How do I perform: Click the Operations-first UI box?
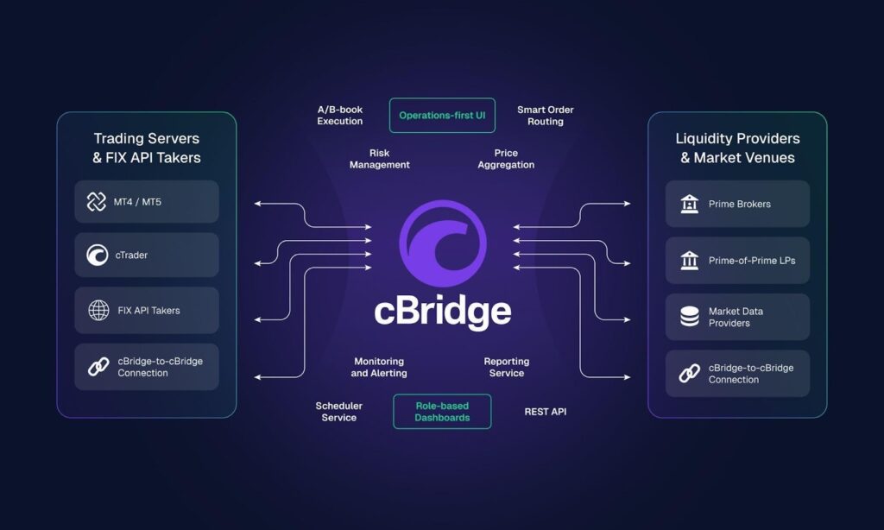coord(442,115)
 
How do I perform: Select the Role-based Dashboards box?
coord(442,412)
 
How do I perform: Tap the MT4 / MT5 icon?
coord(97,202)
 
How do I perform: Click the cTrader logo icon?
coord(97,256)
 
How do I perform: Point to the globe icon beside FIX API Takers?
coord(98,311)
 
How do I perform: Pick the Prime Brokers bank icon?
coord(690,204)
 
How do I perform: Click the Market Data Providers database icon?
coord(690,317)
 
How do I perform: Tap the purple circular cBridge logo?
coord(442,243)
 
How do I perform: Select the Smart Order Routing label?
coord(545,116)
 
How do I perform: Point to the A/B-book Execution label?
coord(340,116)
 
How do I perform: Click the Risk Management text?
coord(379,159)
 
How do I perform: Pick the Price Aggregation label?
coord(506,159)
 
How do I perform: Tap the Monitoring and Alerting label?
coord(379,368)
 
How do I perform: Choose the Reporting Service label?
coord(507,368)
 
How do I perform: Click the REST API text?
coord(546,412)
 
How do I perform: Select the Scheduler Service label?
coord(338,412)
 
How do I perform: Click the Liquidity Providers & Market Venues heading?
coord(737,148)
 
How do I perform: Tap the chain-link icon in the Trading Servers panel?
coord(98,367)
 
